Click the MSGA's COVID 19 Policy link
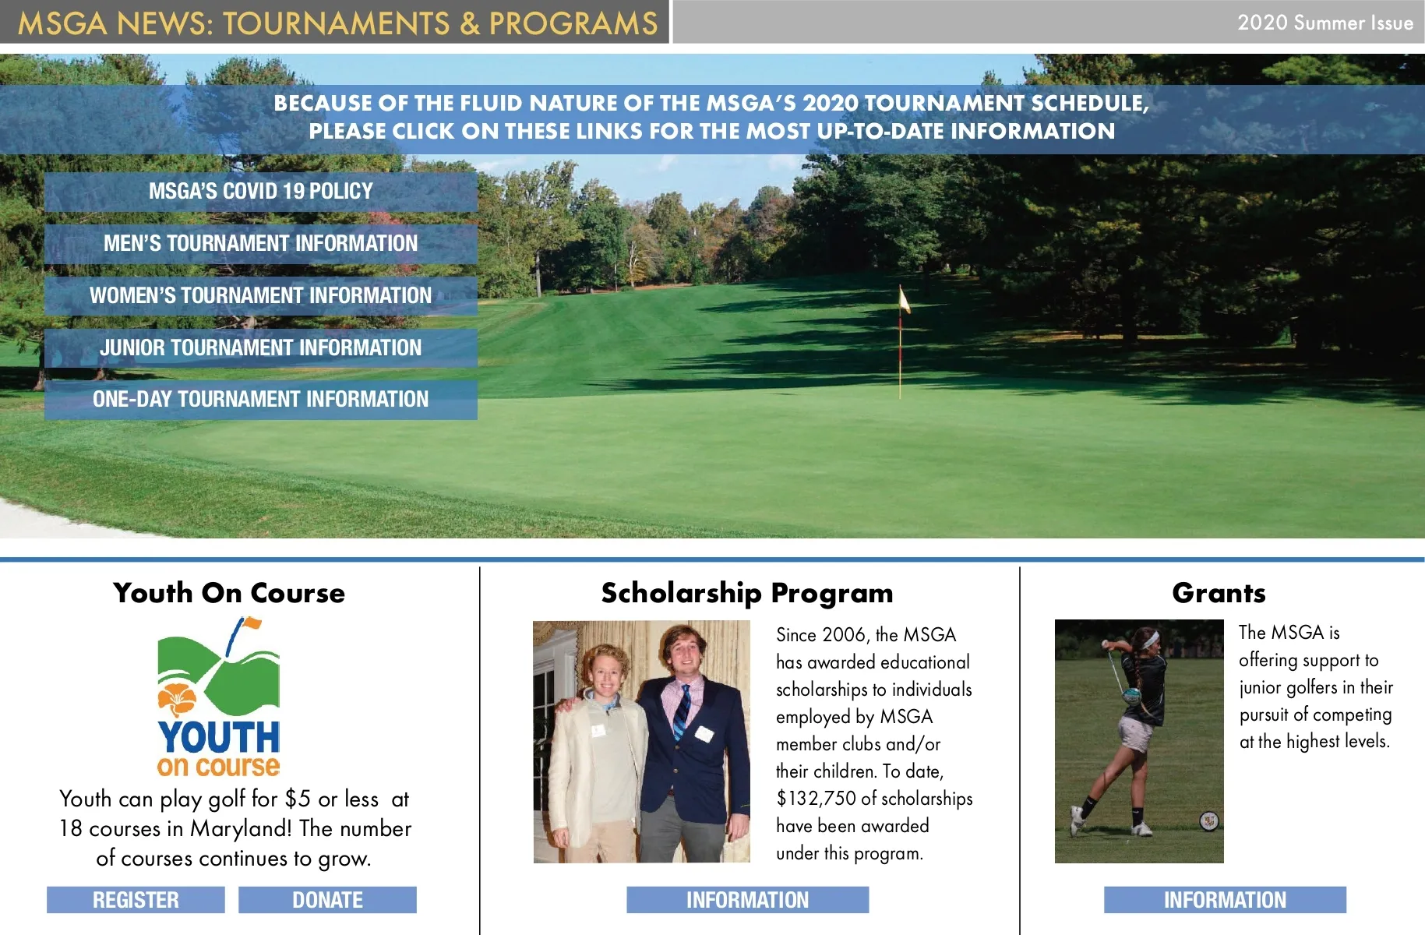coord(260,191)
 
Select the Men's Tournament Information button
coord(260,243)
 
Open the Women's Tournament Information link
coord(260,295)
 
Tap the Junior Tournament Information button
coord(260,348)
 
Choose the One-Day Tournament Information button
coord(260,399)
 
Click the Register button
coord(136,900)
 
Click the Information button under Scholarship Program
coord(747,900)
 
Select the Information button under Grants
coord(1225,900)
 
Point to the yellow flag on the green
coord(904,300)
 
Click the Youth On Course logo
coord(218,697)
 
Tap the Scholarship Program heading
coord(746,593)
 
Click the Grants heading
coord(1219,593)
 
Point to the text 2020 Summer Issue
coord(1324,23)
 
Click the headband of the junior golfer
coord(1146,640)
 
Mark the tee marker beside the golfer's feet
coord(1208,820)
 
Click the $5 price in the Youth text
coord(298,799)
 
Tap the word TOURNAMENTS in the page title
coord(337,23)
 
